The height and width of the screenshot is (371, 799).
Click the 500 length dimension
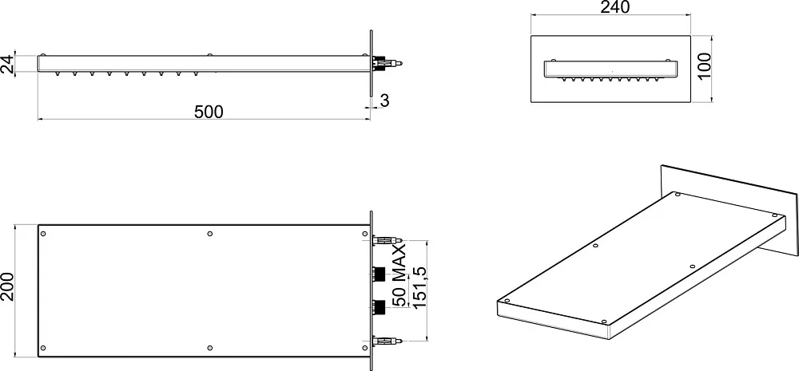pos(209,112)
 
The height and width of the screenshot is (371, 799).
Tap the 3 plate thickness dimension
pos(385,101)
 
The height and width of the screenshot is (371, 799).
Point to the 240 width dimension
pos(615,7)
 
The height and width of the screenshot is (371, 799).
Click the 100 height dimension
pos(704,65)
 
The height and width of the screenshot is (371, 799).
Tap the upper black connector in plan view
pos(379,274)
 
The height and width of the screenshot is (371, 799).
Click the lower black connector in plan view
pos(379,307)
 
